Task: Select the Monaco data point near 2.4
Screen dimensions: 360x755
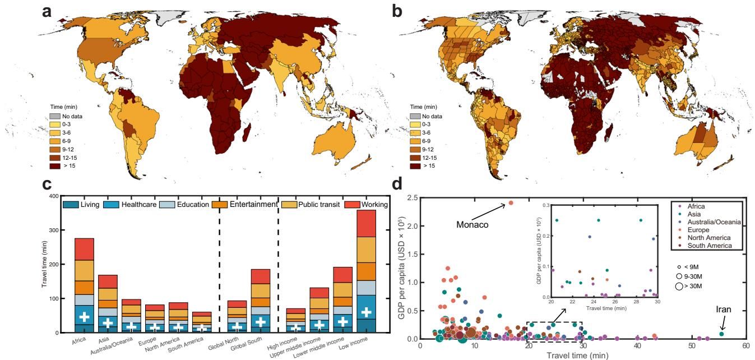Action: [x=511, y=203]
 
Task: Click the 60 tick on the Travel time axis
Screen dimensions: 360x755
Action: [x=745, y=347]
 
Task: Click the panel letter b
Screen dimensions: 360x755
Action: [x=397, y=11]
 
